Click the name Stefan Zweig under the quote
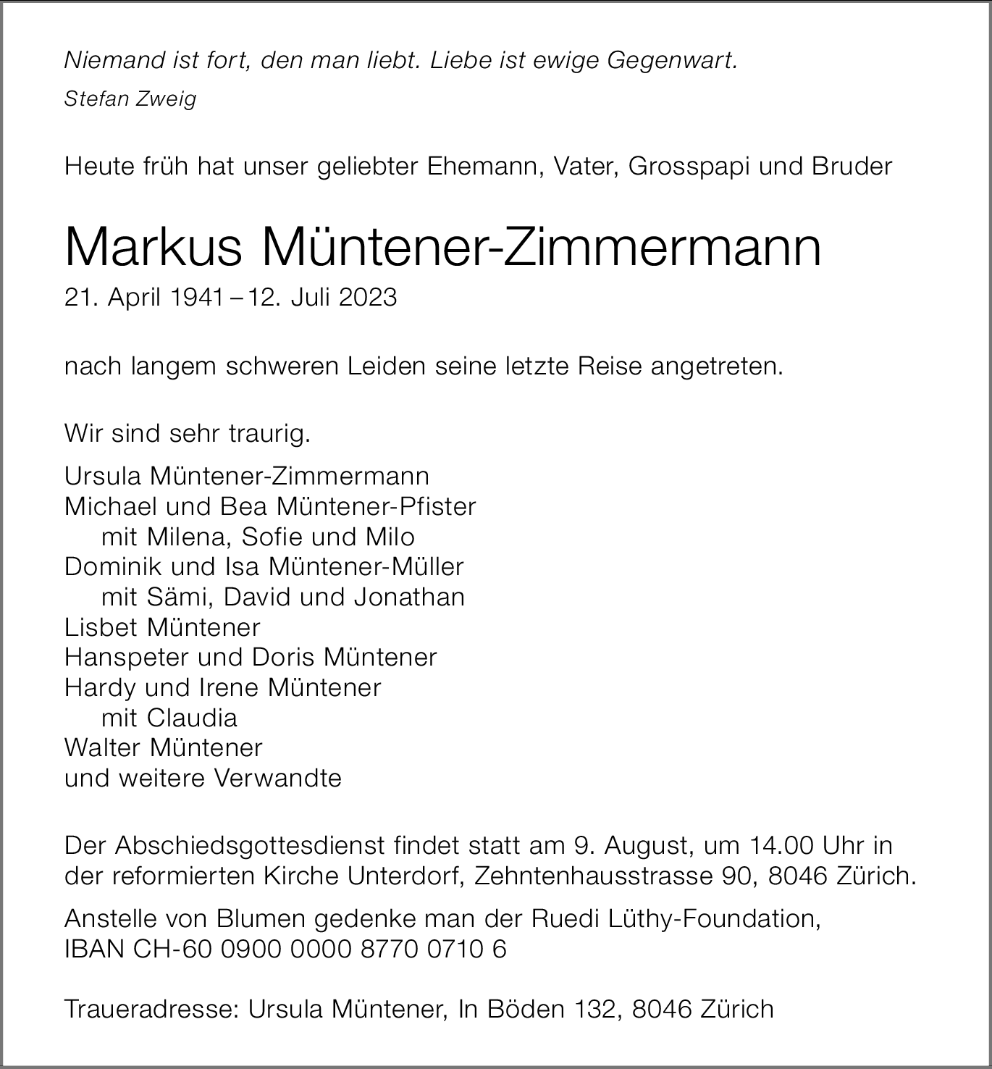130,99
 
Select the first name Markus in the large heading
153,248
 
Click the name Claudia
192,718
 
